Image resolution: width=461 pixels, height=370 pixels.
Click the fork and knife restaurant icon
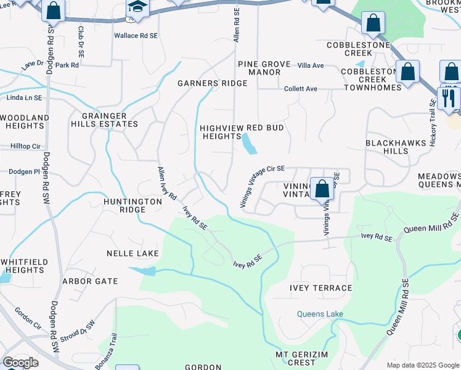pyautogui.click(x=448, y=98)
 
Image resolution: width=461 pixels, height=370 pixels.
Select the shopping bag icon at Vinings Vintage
pyautogui.click(x=321, y=189)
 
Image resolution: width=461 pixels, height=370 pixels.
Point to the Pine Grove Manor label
pyautogui.click(x=259, y=68)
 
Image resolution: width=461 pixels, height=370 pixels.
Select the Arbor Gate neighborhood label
pyautogui.click(x=90, y=281)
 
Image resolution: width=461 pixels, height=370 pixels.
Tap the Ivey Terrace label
pyautogui.click(x=320, y=288)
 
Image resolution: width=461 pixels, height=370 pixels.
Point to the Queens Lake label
pyautogui.click(x=320, y=314)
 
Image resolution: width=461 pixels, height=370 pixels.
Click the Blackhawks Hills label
pyautogui.click(x=395, y=146)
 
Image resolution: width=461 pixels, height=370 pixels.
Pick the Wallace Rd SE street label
pyautogui.click(x=136, y=36)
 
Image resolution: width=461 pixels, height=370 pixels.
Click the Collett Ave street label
pyautogui.click(x=300, y=89)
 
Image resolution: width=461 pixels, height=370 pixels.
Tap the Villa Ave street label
pyautogui.click(x=310, y=65)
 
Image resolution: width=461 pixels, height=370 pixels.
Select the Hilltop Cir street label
pyautogui.click(x=25, y=146)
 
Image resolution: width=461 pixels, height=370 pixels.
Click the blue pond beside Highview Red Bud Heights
pyautogui.click(x=250, y=144)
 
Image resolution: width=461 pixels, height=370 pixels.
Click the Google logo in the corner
pyautogui.click(x=20, y=363)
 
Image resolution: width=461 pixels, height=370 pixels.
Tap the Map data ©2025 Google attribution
pyautogui.click(x=423, y=365)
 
